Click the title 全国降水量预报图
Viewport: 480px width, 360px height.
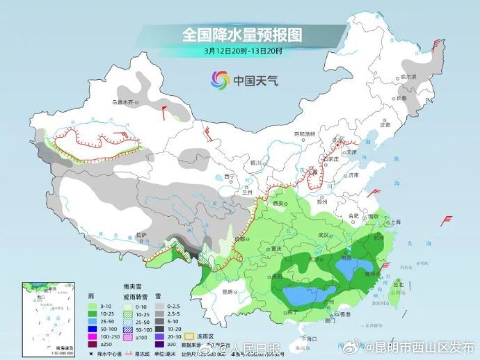[x=234, y=34]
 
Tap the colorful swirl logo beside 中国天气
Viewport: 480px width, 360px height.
[x=220, y=80]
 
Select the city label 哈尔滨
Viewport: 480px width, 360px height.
[x=408, y=77]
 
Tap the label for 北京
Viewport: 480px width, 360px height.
[x=339, y=140]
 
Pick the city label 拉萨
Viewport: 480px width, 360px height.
[x=142, y=235]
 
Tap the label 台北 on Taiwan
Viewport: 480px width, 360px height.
[x=399, y=285]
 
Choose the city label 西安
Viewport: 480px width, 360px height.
[x=279, y=203]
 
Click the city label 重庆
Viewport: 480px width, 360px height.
[x=278, y=248]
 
